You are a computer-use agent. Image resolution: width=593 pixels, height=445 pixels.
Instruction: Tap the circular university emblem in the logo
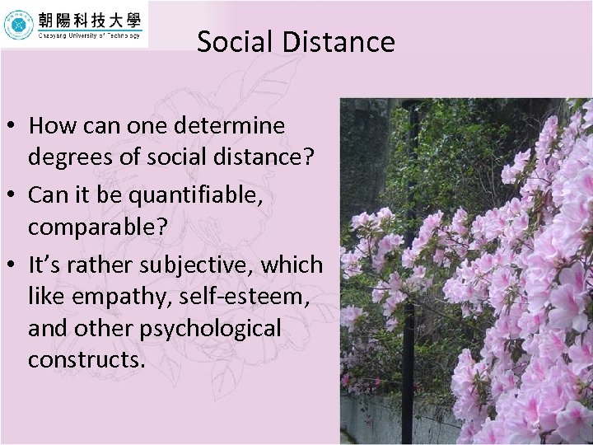(18, 26)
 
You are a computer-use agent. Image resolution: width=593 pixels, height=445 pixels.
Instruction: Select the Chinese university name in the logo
(88, 20)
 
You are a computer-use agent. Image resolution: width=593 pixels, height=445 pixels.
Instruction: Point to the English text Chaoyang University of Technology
(88, 36)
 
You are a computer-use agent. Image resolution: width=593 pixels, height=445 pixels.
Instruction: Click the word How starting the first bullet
(52, 126)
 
